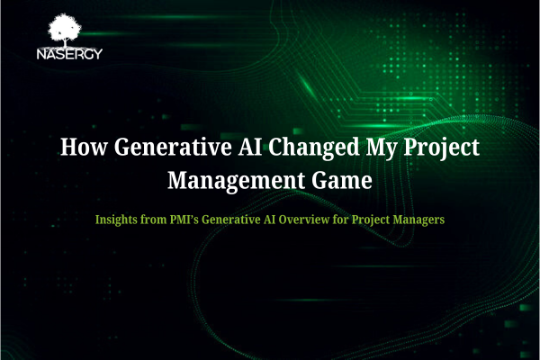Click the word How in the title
click(84, 147)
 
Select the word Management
click(236, 181)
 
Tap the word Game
click(342, 180)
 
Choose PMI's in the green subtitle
click(184, 220)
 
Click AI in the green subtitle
click(269, 220)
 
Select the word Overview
click(304, 220)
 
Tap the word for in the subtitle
click(340, 220)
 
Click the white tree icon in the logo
click(65, 30)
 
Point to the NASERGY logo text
click(69, 54)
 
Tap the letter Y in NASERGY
click(97, 54)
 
